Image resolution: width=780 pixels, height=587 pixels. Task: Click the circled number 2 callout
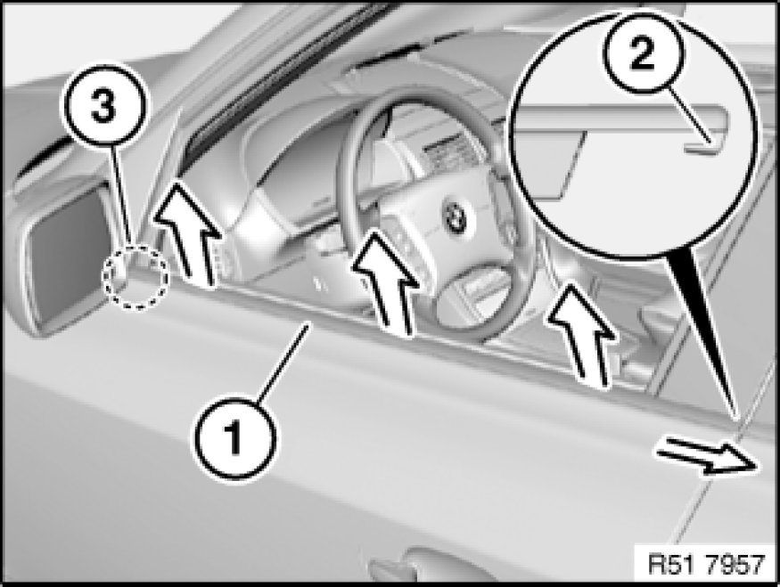click(x=643, y=53)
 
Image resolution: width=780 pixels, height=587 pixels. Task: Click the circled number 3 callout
click(x=104, y=106)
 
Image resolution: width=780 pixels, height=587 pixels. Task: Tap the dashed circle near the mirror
click(x=135, y=277)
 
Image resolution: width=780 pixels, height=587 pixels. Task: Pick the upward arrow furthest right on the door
click(x=582, y=334)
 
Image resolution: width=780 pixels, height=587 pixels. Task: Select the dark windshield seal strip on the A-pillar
click(x=278, y=75)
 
